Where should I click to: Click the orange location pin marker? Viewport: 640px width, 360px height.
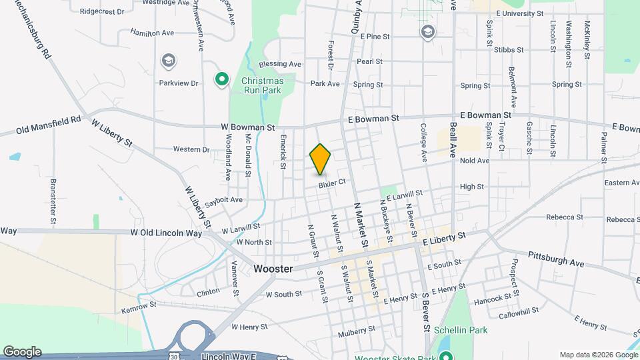(320, 159)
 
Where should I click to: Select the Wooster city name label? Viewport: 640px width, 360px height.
(273, 268)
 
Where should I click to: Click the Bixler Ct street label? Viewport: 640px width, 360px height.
(332, 183)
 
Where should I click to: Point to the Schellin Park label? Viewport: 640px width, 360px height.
(461, 330)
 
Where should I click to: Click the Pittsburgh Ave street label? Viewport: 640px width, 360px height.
(556, 259)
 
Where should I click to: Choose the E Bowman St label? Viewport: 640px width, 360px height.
(373, 118)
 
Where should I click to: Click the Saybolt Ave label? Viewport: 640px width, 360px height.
(223, 199)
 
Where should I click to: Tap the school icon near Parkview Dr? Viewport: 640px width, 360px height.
(169, 62)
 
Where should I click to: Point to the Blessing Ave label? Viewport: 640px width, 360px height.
(280, 64)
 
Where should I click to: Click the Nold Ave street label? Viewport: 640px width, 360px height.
(475, 161)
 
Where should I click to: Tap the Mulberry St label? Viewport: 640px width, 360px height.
(357, 330)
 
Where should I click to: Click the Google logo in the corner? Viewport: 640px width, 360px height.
(22, 352)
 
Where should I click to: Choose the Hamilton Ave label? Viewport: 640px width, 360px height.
(152, 32)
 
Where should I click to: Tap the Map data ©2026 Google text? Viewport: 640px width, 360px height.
(598, 355)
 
